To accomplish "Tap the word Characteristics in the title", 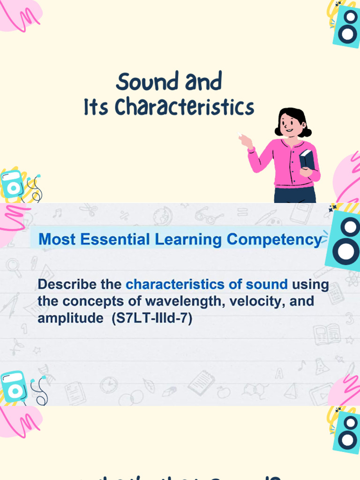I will [184, 107].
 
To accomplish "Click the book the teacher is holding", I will [307, 159].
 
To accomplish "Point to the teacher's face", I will [290, 124].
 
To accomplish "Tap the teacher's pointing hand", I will [245, 140].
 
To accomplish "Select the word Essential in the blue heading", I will [116, 240].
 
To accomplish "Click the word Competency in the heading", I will [274, 240].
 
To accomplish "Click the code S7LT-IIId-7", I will [152, 319].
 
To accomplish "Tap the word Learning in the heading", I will [188, 240].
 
